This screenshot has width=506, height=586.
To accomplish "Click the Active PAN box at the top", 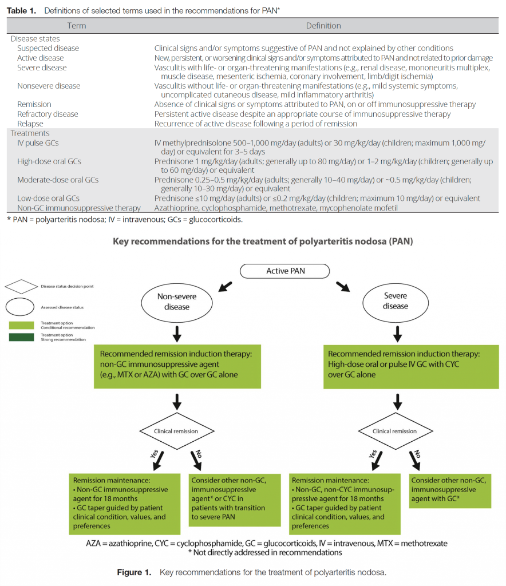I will coord(285,271).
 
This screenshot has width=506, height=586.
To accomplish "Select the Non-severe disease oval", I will coord(177,302).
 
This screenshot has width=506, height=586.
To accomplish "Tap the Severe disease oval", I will coord(396,301).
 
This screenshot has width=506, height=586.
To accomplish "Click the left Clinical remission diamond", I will coord(177,431).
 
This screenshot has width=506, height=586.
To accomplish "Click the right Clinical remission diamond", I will coord(395,431).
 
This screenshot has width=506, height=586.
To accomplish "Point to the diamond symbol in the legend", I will coord(21,286).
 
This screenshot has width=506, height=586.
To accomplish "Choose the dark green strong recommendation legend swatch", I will coord(21,336).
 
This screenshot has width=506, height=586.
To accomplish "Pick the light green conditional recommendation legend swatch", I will coord(21,325).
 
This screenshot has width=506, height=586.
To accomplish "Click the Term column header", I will coord(77,26).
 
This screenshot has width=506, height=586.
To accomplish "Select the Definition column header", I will coord(323,26).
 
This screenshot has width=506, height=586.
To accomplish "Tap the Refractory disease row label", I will coord(48,114).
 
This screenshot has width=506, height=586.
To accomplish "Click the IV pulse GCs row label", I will coord(38,142).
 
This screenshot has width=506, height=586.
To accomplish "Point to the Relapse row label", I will coord(30,124).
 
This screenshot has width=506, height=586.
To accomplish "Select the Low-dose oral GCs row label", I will coord(48,198).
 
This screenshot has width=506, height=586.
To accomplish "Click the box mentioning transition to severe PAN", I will coord(235,499).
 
